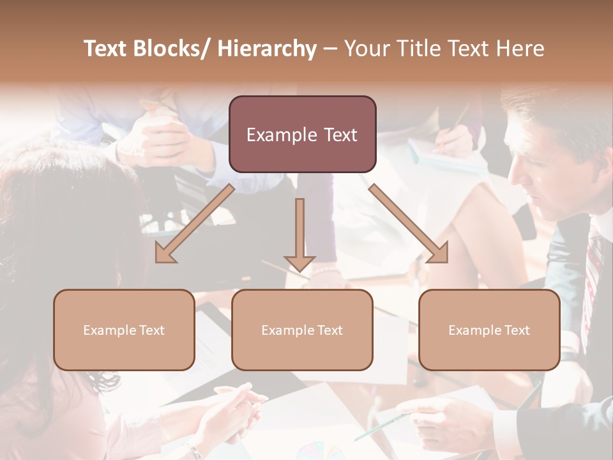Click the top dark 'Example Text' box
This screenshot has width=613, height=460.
pos(302,134)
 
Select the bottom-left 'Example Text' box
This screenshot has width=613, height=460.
pos(124,330)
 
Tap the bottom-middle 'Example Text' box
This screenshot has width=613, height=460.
pos(302,330)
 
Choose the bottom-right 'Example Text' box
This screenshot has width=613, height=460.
pos(489,330)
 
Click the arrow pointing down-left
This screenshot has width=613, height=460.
pos(194,224)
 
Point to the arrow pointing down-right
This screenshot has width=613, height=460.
pos(409,224)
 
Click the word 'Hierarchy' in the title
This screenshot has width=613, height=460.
pos(267,49)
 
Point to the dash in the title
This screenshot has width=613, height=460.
pos(330,49)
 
